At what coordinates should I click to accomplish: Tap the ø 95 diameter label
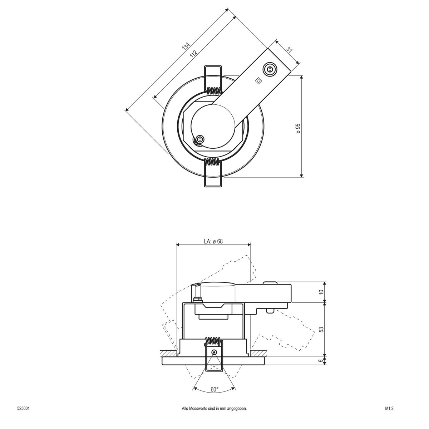[x=298, y=128]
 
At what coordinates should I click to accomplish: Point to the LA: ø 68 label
[x=213, y=241]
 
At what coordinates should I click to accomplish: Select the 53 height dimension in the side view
[x=321, y=329]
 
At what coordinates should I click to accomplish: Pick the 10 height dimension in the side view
[x=321, y=292]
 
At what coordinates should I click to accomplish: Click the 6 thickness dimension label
[x=321, y=361]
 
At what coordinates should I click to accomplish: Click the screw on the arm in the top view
[x=269, y=69]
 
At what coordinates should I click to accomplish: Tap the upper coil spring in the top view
[x=214, y=91]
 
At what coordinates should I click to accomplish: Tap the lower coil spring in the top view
[x=213, y=163]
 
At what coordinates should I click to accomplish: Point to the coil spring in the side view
[x=214, y=340]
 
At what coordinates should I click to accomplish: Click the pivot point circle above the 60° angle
[x=214, y=352]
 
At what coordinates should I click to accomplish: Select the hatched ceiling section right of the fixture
[x=257, y=353]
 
